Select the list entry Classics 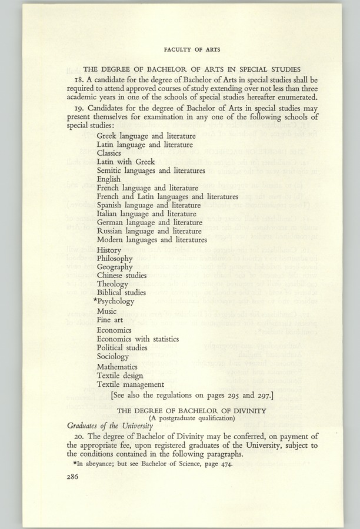109,153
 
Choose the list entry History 109,250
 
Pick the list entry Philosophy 115,259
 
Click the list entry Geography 115,267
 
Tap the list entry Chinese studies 122,275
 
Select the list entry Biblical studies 122,293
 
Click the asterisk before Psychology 95,300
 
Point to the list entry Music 107,311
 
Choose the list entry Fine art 111,320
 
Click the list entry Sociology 113,356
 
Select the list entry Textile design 120,376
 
